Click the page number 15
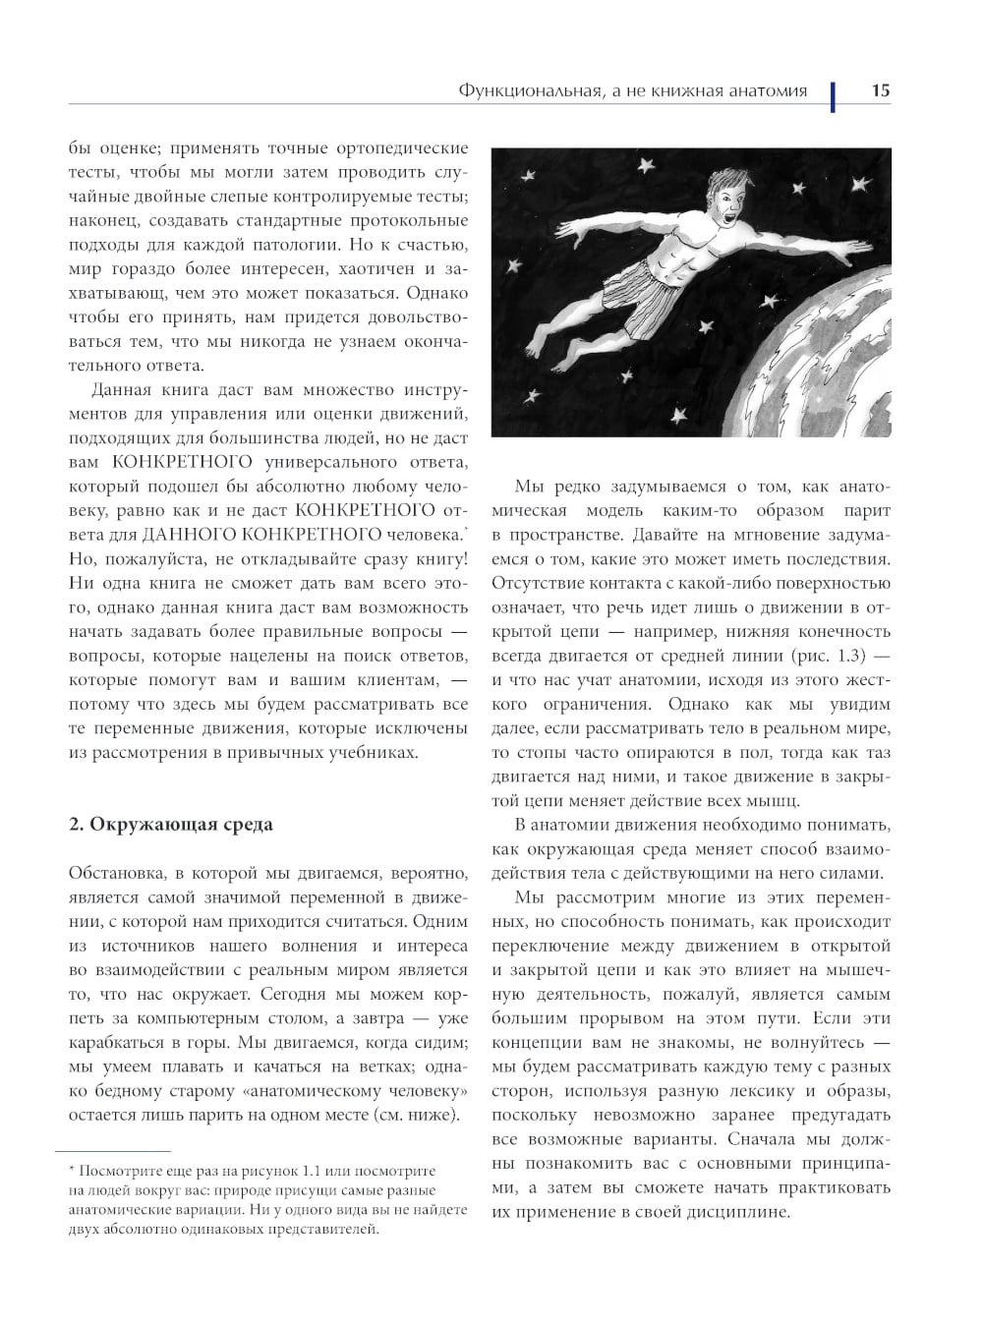pos(880,90)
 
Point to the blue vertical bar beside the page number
pos(833,94)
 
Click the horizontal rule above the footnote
pos(114,1151)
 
